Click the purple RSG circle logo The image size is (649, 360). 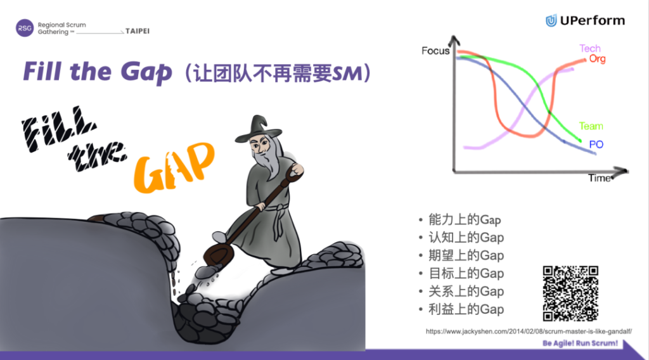[x=25, y=28]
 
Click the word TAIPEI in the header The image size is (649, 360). [x=138, y=31]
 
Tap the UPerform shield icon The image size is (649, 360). [x=551, y=20]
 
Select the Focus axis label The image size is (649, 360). [x=435, y=51]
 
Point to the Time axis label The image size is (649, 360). [x=600, y=178]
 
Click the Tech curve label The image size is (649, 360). [x=590, y=48]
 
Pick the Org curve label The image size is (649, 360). [x=597, y=59]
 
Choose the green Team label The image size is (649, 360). [x=591, y=125]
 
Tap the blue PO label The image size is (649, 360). [x=596, y=145]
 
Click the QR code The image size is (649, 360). [x=570, y=293]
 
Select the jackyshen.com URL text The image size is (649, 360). [x=529, y=331]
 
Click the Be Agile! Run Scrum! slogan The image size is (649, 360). [x=580, y=343]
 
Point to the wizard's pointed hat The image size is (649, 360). [x=259, y=129]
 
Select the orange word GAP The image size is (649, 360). [x=174, y=167]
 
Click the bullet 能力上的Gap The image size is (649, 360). [x=465, y=220]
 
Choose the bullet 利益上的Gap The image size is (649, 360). [x=466, y=309]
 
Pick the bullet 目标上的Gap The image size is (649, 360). [x=466, y=274]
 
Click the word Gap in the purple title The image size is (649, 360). [x=146, y=72]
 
